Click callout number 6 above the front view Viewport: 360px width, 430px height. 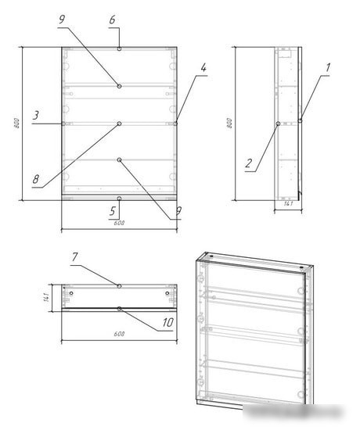pos(112,19)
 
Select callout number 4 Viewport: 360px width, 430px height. pos(203,68)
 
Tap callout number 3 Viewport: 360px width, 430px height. pos(36,116)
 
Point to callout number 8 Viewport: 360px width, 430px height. pos(36,179)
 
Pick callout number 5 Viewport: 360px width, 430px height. pos(112,210)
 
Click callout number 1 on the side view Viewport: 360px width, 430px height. pos(328,68)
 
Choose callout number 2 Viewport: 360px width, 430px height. pos(248,163)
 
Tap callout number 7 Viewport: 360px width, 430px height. pos(75,256)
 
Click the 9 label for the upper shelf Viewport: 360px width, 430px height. pos(61,19)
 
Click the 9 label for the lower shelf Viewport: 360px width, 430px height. pos(178,210)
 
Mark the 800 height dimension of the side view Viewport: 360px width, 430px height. pos(229,123)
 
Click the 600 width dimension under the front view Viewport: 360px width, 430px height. pos(119,224)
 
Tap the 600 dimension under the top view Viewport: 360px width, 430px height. pos(119,334)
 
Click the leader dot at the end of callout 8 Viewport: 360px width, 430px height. pos(119,124)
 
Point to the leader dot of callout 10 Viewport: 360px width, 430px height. pos(119,309)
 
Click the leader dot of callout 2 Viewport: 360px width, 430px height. pos(279,123)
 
